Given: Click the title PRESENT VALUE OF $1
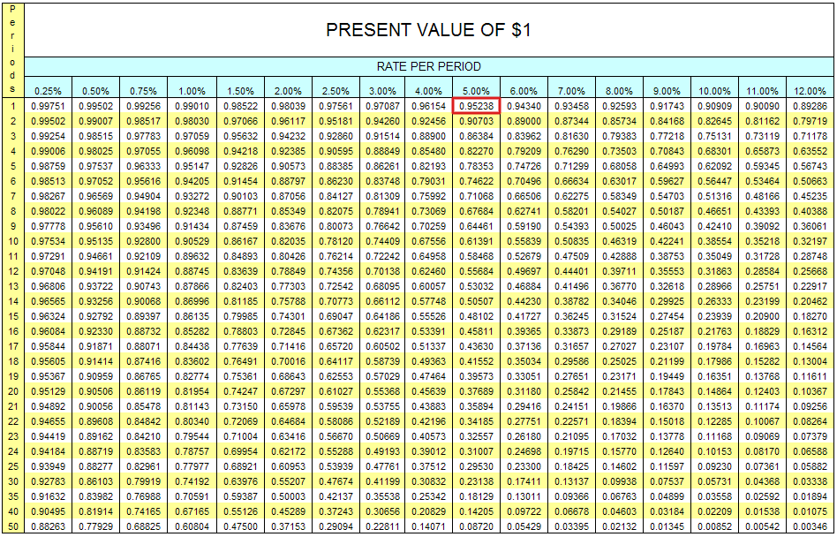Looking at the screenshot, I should click(x=428, y=30).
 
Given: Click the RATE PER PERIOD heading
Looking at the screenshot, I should click(x=428, y=66).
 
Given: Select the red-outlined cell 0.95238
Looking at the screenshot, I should click(x=477, y=106).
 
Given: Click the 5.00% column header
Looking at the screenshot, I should click(x=477, y=91).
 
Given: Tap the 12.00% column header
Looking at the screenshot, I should click(x=809, y=91).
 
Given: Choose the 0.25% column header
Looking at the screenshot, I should click(x=48, y=91).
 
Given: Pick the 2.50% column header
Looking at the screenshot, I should click(x=335, y=91).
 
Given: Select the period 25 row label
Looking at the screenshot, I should click(x=12, y=466).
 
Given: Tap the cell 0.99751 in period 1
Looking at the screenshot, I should click(x=48, y=106).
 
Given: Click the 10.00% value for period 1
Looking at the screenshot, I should click(x=714, y=106).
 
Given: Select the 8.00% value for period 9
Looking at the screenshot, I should click(x=619, y=226).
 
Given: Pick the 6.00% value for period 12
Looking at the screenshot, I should click(x=524, y=271).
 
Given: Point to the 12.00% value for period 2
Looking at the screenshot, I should click(x=809, y=121).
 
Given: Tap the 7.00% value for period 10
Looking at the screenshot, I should click(x=571, y=241).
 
